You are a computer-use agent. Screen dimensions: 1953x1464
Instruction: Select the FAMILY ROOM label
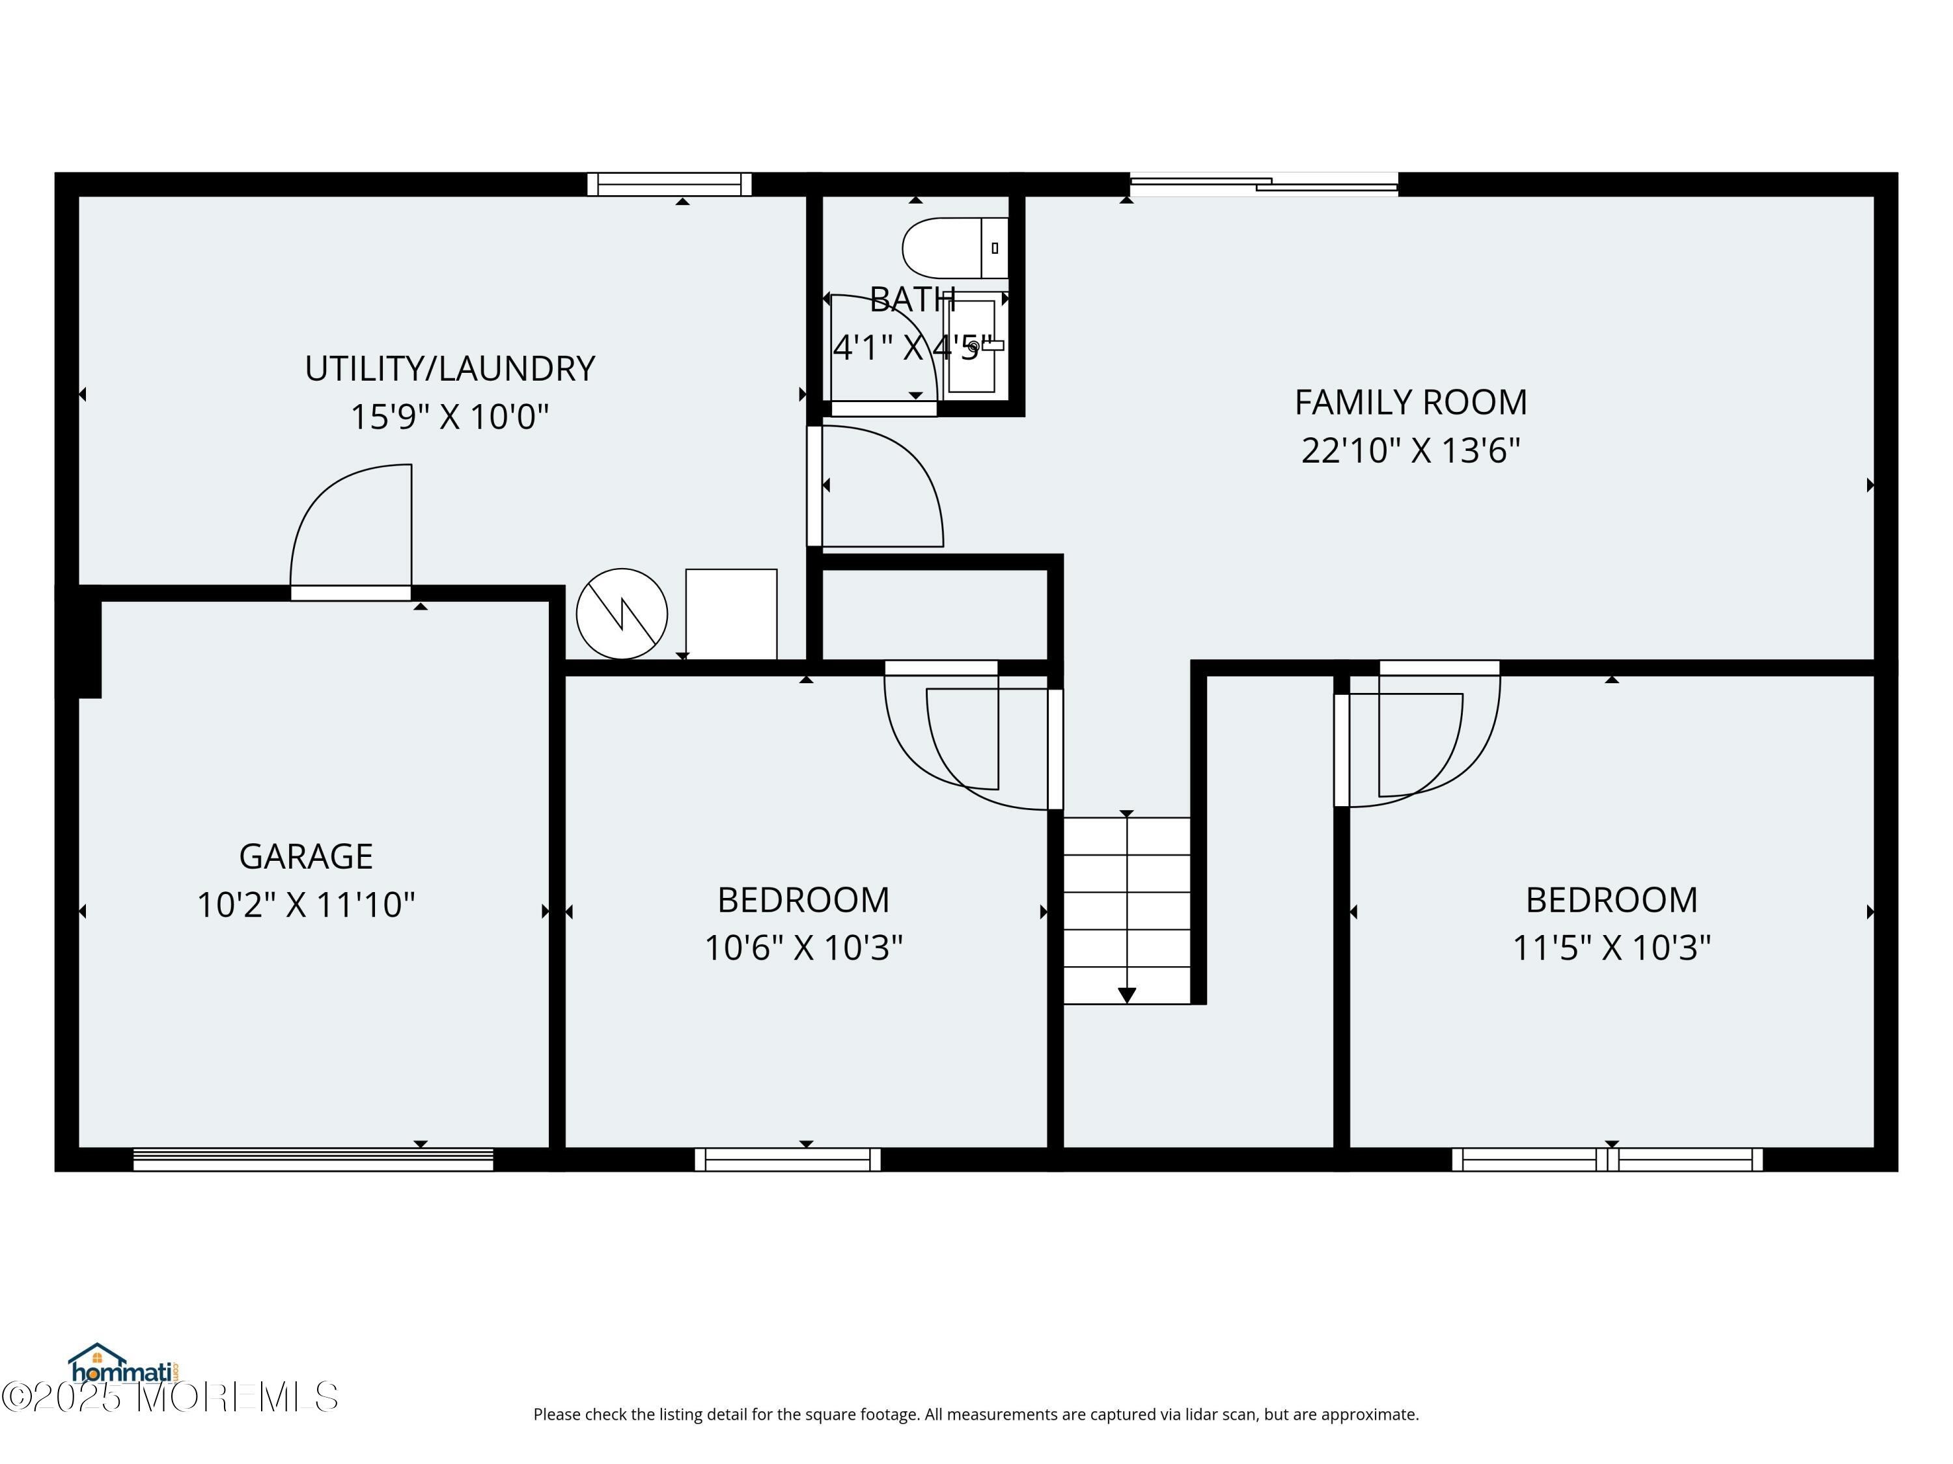1411,402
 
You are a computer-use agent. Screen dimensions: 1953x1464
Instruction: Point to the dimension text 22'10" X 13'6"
1411,450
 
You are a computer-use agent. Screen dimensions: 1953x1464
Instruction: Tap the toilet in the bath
954,248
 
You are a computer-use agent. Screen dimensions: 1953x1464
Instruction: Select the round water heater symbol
622,614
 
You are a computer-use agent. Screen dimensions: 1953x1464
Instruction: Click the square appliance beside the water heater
731,614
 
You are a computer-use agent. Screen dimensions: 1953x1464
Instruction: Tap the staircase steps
1127,910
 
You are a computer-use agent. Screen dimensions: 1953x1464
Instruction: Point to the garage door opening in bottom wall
312,1159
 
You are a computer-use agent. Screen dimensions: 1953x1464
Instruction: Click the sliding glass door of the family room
1264,184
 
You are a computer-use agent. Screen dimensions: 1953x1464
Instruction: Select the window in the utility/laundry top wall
669,184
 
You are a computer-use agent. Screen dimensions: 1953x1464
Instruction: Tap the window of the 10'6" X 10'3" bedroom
788,1159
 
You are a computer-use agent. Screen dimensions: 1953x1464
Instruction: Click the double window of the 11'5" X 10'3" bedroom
1607,1159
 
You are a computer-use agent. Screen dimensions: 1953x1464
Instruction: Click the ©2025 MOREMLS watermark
169,1397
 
